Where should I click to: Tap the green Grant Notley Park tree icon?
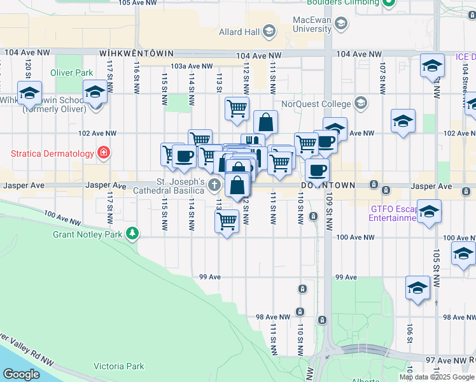pos(132,234)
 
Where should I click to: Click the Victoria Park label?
pos(118,366)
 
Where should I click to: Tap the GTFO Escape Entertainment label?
pos(393,213)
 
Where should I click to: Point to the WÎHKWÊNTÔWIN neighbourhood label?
pos(127,55)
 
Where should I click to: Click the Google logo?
pos(22,374)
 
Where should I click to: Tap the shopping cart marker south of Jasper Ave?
pos(227,222)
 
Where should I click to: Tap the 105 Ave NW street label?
pos(137,3)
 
